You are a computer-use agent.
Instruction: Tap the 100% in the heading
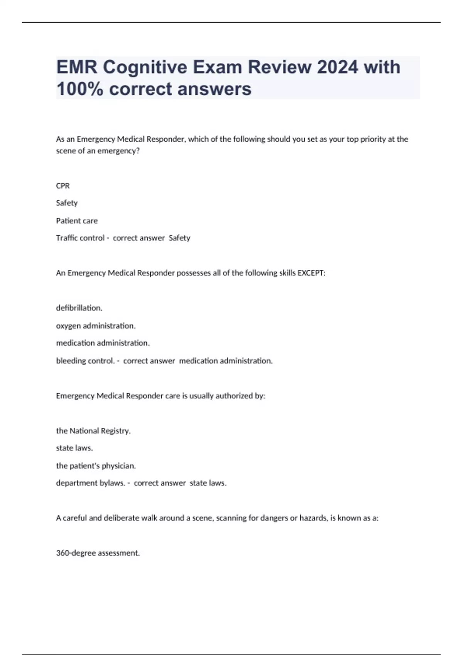click(79, 89)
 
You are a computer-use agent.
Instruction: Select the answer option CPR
click(63, 186)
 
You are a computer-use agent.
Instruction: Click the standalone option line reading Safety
click(67, 203)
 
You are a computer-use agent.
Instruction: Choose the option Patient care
click(77, 221)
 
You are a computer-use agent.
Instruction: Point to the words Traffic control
click(80, 238)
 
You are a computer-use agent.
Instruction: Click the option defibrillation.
click(79, 308)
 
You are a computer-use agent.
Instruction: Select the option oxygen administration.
click(96, 326)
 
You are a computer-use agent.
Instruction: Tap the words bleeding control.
click(85, 361)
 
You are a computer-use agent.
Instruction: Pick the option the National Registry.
click(93, 431)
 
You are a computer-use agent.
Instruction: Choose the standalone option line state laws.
click(74, 448)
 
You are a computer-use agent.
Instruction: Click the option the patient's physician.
click(96, 466)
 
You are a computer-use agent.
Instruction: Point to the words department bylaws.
click(91, 483)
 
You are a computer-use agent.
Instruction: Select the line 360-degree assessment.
click(98, 553)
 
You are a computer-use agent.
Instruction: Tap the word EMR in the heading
click(77, 67)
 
